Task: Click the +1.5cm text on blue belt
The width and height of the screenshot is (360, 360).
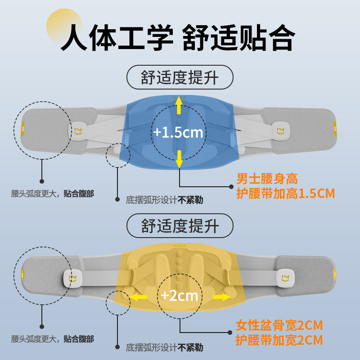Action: tap(178, 133)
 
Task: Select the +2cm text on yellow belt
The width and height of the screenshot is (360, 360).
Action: tap(180, 296)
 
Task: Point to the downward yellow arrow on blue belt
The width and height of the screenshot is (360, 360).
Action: tap(179, 158)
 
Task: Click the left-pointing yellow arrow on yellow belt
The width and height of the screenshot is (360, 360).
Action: tap(139, 297)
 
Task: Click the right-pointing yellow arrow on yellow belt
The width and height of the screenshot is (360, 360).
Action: tap(220, 297)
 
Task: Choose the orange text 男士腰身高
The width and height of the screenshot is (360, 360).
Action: tap(267, 179)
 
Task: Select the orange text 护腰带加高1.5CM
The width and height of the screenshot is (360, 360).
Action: tap(286, 193)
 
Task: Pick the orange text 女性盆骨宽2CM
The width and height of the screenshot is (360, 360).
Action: tap(279, 325)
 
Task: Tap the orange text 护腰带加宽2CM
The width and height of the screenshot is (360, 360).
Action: tap(279, 340)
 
